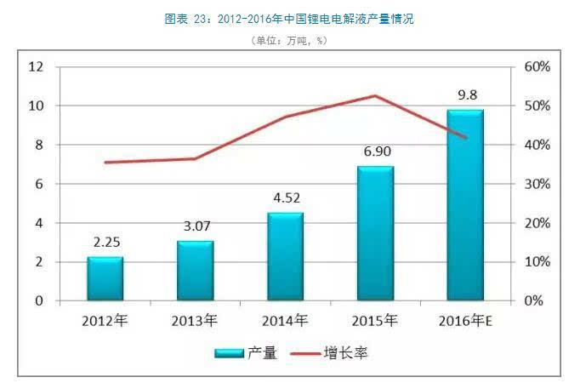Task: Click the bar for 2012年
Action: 105,278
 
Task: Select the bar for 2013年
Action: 195,271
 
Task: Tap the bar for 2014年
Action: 285,256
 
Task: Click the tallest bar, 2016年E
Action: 465,205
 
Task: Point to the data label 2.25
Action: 105,242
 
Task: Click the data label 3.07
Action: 195,226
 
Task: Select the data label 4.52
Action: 285,198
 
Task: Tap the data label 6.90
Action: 375,151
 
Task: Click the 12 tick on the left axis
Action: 35,66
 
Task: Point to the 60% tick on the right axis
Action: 539,66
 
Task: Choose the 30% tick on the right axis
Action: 539,184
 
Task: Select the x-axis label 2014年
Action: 285,321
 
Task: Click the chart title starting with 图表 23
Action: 289,19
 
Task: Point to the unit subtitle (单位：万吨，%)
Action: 289,40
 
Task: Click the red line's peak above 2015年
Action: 375,95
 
